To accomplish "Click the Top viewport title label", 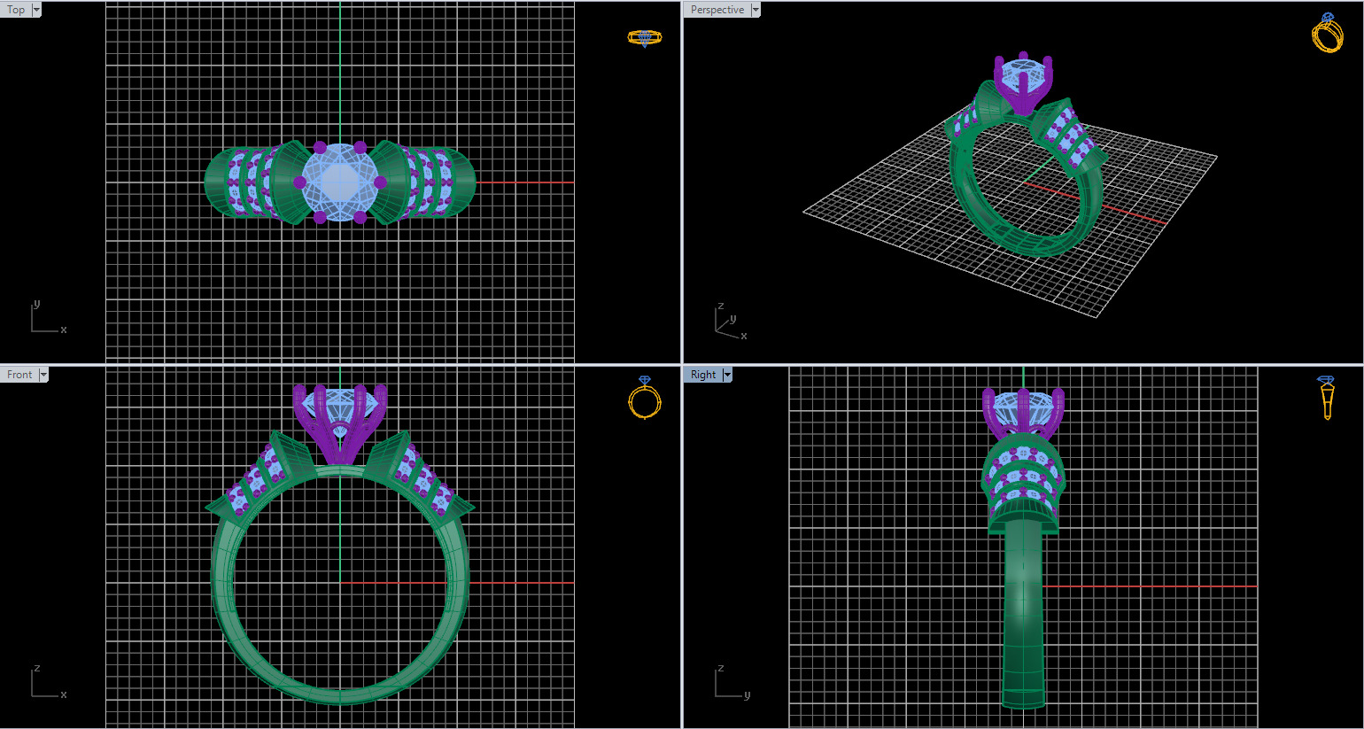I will [x=16, y=10].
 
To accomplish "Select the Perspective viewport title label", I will [x=717, y=10].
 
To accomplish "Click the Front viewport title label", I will [x=19, y=375].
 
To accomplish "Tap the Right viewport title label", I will [x=703, y=375].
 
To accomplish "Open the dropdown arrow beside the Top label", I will [x=36, y=10].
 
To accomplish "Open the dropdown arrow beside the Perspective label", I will [x=756, y=10].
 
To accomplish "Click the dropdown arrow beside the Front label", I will [x=43, y=375].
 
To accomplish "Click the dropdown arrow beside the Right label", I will [x=727, y=375].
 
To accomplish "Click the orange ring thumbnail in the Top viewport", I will [x=645, y=37].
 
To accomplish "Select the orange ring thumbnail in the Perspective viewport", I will [x=1327, y=34].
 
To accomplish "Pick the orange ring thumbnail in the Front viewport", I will [x=645, y=398].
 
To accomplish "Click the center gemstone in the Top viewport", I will [x=340, y=182].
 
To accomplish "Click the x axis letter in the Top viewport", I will [x=64, y=330].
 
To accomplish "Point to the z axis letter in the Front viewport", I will [x=36, y=669].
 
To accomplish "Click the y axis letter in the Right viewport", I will [x=747, y=695].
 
